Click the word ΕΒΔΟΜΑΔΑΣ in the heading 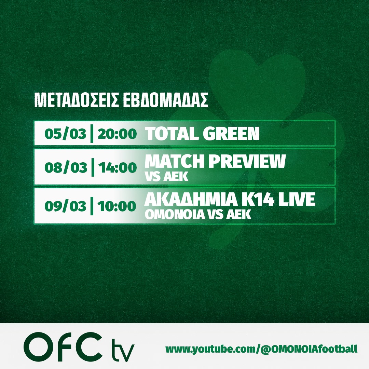tap(165, 100)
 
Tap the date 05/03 tap(65, 134)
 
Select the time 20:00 tap(117, 134)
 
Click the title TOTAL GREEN tap(202, 134)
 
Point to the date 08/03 tap(66, 167)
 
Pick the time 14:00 tap(117, 167)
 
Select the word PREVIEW tap(247, 161)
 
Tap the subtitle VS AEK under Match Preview tap(167, 176)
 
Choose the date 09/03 tap(65, 206)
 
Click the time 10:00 tap(117, 206)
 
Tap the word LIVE tap(297, 199)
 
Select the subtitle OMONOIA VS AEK tap(198, 214)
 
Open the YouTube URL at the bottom tap(261, 349)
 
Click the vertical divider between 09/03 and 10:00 tap(92, 206)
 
